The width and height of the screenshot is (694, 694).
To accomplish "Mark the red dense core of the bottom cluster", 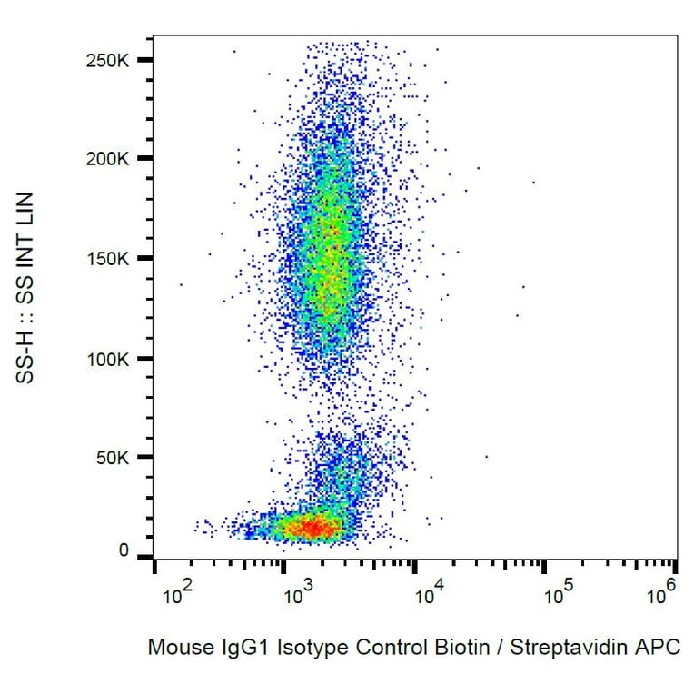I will coord(311,527).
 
